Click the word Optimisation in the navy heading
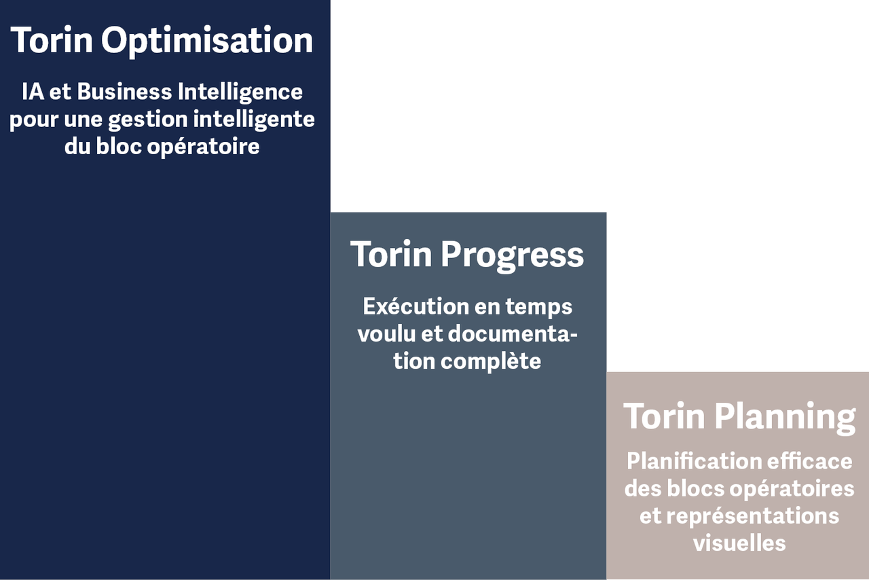(207, 41)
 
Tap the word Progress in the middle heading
(512, 255)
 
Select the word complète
(491, 361)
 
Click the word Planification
(693, 461)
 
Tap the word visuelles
(739, 543)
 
